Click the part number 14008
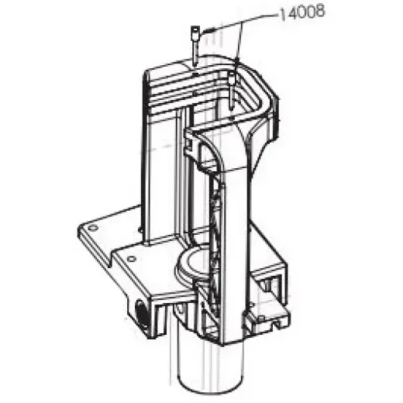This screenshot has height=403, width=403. [301, 13]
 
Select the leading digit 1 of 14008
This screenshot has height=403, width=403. [282, 15]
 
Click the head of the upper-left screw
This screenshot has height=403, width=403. [195, 31]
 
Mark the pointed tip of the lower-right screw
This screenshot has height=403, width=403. [232, 109]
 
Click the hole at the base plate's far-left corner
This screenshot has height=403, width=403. [93, 228]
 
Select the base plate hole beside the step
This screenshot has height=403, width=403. [132, 259]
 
